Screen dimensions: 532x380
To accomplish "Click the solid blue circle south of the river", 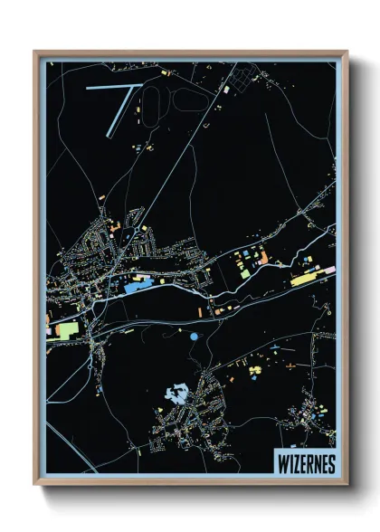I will [195, 337].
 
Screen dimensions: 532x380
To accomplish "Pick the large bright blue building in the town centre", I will [138, 286].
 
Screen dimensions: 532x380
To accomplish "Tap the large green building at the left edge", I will [66, 330].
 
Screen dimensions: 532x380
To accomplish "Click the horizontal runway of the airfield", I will [111, 88].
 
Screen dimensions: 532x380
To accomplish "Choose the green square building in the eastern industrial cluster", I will [244, 269].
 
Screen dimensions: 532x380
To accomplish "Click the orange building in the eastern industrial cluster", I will [263, 258].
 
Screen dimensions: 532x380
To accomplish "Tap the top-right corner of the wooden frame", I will [346, 52].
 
